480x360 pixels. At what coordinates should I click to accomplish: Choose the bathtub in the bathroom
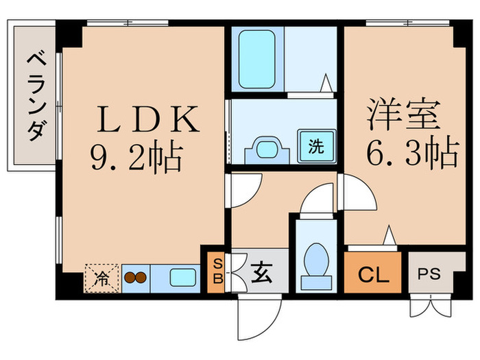pos(257,58)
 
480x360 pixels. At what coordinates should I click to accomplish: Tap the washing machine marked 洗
pos(315,146)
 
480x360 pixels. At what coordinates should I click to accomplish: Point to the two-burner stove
pos(135,278)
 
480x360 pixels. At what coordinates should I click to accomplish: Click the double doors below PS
pos(430,305)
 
